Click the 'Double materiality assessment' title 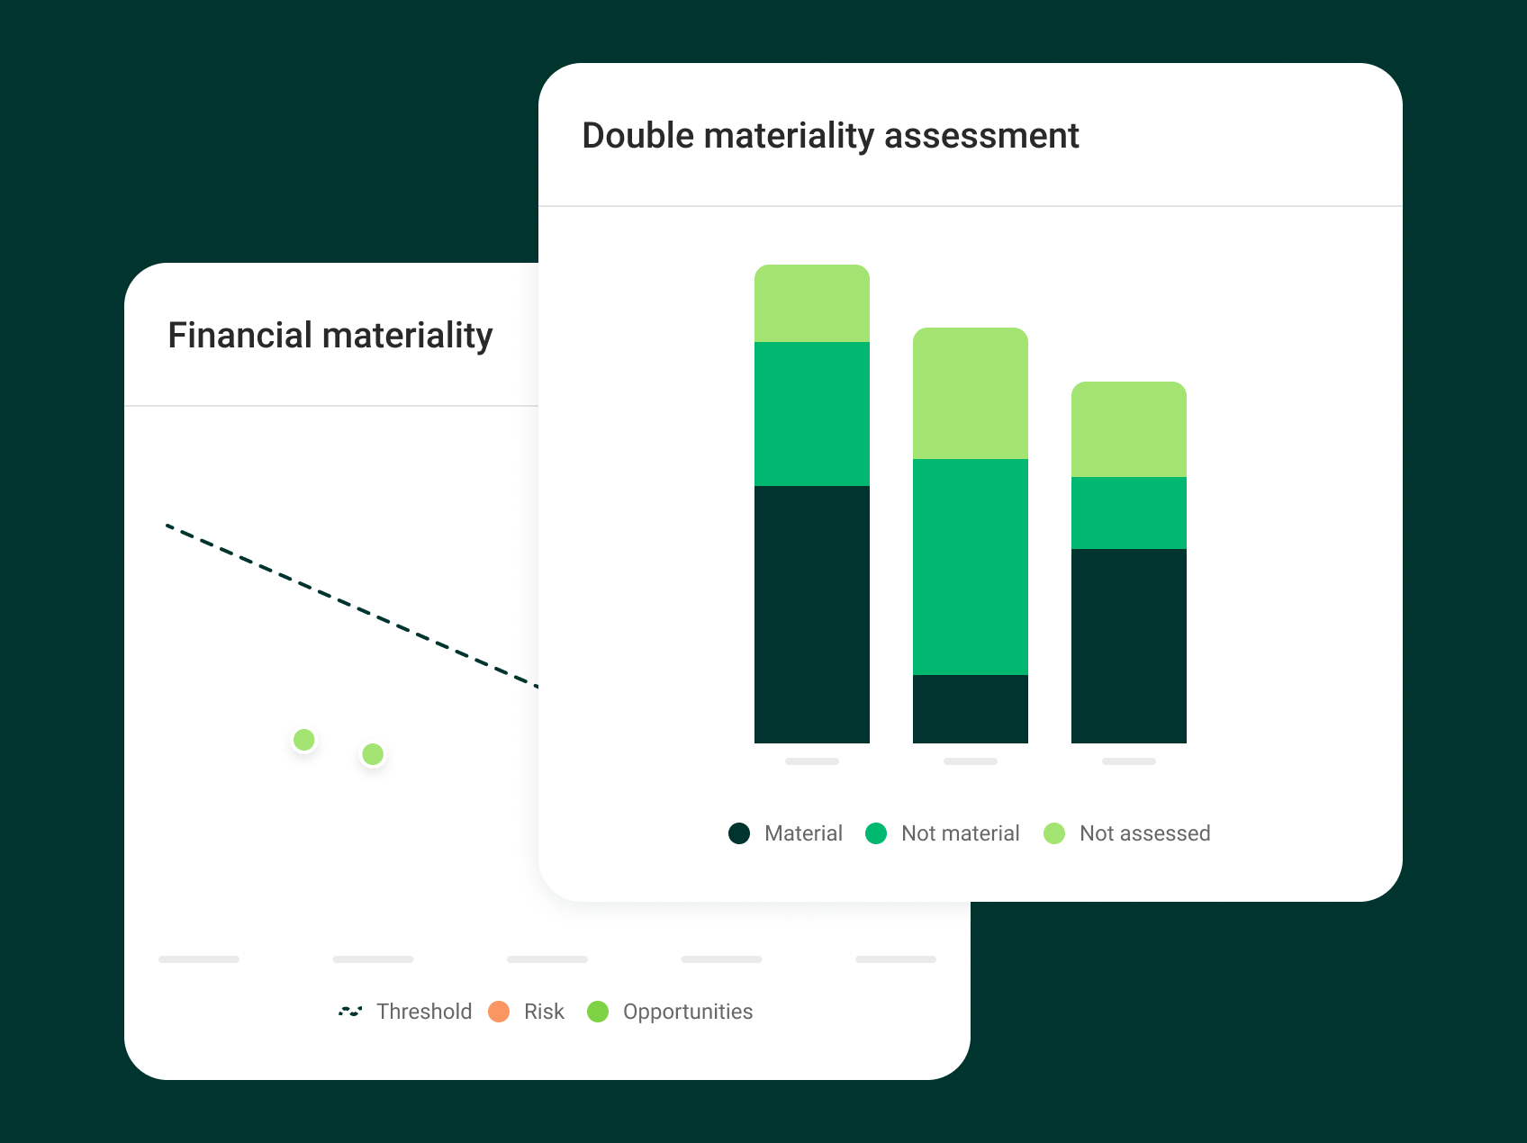830,136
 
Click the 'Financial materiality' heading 330,336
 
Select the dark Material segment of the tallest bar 811,614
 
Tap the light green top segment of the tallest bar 811,303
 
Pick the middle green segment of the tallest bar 811,414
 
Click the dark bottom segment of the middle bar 970,708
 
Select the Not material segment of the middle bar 970,566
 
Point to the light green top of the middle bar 970,393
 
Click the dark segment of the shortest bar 1128,645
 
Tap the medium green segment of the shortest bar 1128,513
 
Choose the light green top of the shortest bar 1128,429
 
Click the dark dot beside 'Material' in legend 739,833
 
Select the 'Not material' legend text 960,833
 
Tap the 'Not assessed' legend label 1144,833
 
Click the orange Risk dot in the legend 499,1012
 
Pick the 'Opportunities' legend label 688,1012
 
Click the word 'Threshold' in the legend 424,1012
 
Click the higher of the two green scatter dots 304,740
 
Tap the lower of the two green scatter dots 373,754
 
